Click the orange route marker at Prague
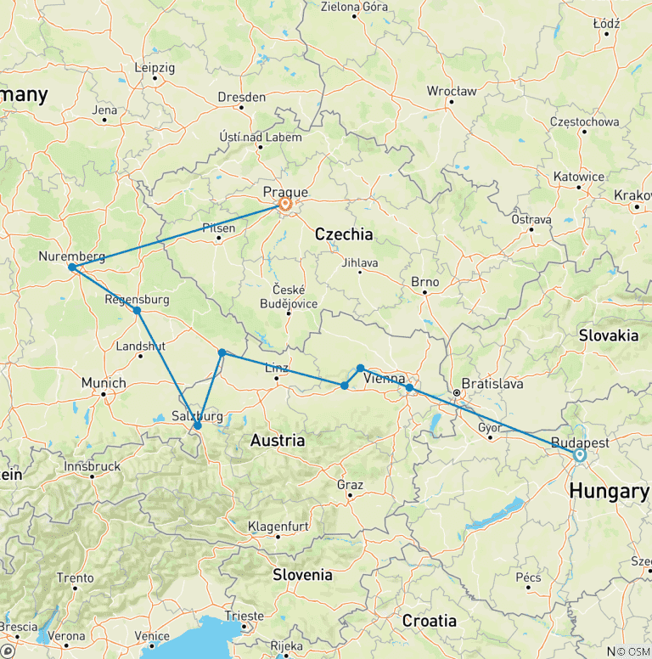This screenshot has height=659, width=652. pyautogui.click(x=285, y=204)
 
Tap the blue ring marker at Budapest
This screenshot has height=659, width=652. pyautogui.click(x=580, y=455)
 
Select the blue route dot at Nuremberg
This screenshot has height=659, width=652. pyautogui.click(x=72, y=268)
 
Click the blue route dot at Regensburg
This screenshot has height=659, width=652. pyautogui.click(x=137, y=311)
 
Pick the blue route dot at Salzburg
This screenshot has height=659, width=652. pyautogui.click(x=197, y=425)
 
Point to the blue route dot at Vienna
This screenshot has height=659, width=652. pyautogui.click(x=409, y=388)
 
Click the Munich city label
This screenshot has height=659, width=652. pyautogui.click(x=104, y=383)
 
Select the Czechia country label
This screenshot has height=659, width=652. pyautogui.click(x=343, y=234)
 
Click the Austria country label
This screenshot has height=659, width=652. pyautogui.click(x=278, y=440)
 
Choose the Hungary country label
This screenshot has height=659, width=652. pyautogui.click(x=609, y=491)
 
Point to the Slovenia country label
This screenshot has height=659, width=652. pyautogui.click(x=302, y=575)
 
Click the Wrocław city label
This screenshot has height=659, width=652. pyautogui.click(x=452, y=91)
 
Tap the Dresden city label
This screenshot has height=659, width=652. pyautogui.click(x=241, y=98)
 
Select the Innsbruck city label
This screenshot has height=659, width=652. pyautogui.click(x=93, y=466)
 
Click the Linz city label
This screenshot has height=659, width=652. pyautogui.click(x=277, y=368)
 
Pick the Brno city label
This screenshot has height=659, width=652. pyautogui.click(x=425, y=282)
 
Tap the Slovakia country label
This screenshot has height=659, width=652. pyautogui.click(x=609, y=335)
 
